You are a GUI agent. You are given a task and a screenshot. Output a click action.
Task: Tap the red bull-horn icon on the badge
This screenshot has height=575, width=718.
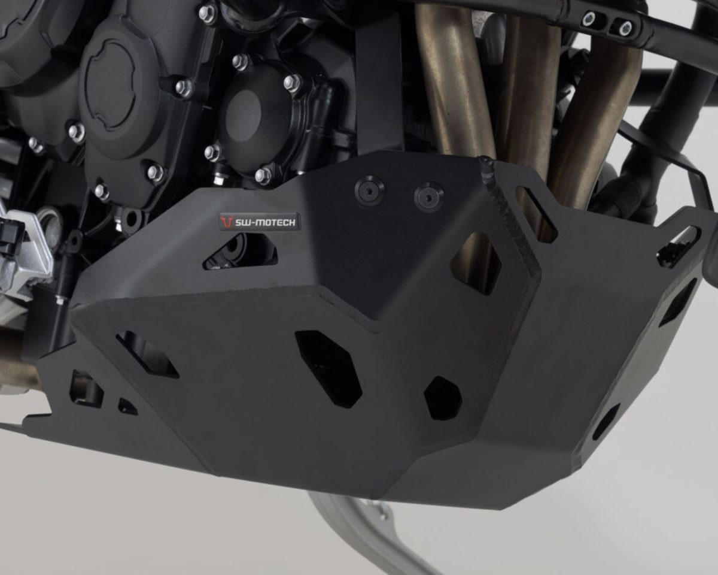click(227, 221)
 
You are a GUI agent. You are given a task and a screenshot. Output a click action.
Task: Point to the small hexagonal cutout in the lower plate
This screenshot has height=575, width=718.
click(443, 398)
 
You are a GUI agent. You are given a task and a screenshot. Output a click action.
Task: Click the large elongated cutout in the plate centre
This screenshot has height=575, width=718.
click(328, 369)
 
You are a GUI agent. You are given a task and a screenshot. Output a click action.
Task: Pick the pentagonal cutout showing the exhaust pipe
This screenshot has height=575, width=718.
click(476, 263)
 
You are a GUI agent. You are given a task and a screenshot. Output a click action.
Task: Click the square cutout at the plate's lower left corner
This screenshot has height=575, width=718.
click(86, 389)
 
